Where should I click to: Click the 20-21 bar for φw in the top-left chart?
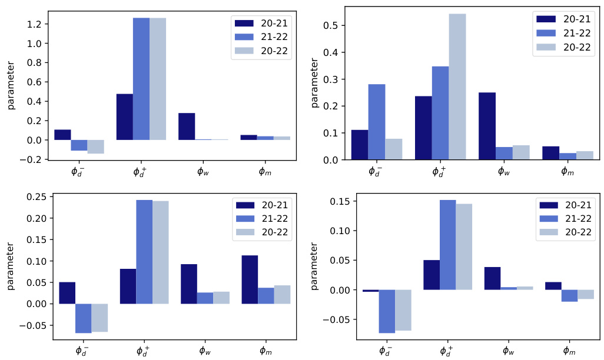tap(187, 126)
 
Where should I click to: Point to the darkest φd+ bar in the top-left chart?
tap(125, 117)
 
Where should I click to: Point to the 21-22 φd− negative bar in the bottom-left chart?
tap(83, 318)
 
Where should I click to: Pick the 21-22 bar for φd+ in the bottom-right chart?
tap(447, 245)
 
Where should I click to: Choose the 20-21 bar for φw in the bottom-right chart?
tap(492, 278)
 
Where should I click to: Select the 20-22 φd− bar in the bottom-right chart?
tap(403, 310)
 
